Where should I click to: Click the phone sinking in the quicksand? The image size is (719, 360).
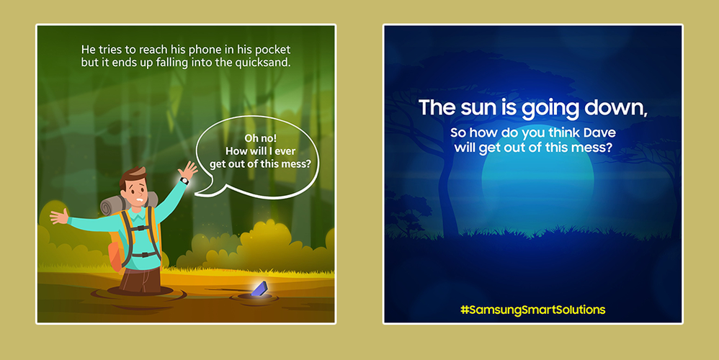pyautogui.click(x=259, y=289)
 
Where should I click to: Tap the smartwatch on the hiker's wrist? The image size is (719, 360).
pyautogui.click(x=184, y=181)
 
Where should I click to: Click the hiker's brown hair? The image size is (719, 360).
pyautogui.click(x=133, y=177)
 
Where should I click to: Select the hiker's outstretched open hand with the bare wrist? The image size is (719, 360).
pyautogui.click(x=60, y=216)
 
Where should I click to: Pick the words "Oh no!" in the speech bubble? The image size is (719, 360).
pyautogui.click(x=261, y=138)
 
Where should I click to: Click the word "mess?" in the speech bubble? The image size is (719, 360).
pyautogui.click(x=297, y=164)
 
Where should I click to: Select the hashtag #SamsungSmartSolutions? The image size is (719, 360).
pyautogui.click(x=533, y=310)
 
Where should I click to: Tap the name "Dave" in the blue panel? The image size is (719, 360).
pyautogui.click(x=599, y=132)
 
